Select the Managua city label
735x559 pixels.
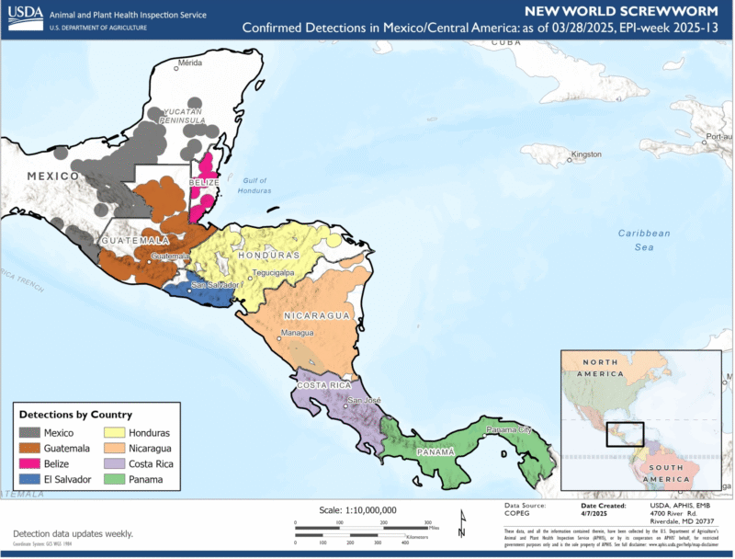(297, 332)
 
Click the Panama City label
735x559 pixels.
(508, 429)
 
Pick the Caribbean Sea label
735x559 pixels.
(643, 240)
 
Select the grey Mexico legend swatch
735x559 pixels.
(29, 432)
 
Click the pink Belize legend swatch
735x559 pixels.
(29, 463)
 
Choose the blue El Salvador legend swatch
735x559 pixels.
(29, 479)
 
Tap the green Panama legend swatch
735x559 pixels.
(115, 479)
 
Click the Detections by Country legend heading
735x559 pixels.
(75, 415)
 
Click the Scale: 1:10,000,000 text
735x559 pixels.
(357, 509)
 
